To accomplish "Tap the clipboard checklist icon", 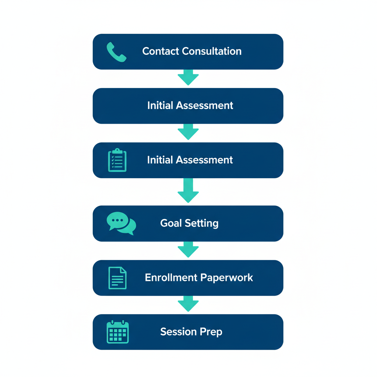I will coord(117,160).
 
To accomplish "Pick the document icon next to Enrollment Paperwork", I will coord(117,278).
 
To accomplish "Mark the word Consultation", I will coord(212,51).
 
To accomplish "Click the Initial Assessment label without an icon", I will coord(190,105).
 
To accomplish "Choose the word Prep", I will coord(211,332).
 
